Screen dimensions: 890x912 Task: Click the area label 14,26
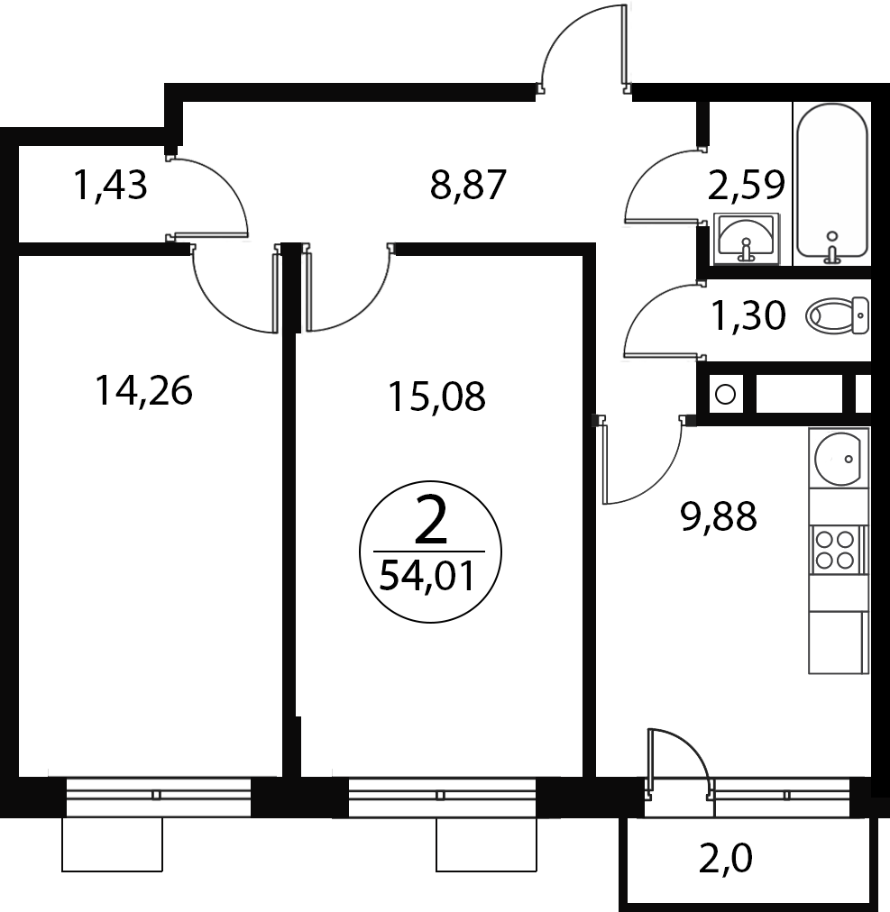click(x=143, y=391)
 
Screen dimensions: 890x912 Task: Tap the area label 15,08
click(x=436, y=397)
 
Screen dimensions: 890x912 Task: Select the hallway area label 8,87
click(x=469, y=185)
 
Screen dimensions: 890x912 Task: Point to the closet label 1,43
click(x=111, y=185)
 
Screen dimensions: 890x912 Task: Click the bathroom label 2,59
click(x=748, y=185)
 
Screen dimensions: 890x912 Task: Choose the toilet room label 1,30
click(x=749, y=315)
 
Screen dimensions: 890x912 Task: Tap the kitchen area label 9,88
click(x=719, y=515)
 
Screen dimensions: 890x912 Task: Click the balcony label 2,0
click(x=725, y=859)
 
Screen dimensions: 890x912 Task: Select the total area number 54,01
click(x=427, y=577)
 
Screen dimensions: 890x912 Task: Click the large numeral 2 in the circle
click(x=431, y=521)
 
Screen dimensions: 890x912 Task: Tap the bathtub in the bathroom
click(x=832, y=181)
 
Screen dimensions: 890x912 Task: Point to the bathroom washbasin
click(x=747, y=239)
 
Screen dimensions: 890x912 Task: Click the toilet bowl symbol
click(x=837, y=315)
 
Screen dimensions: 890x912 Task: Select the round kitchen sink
click(x=838, y=459)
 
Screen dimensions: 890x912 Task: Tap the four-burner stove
click(x=835, y=550)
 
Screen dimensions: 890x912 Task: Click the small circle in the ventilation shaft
click(x=725, y=395)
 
